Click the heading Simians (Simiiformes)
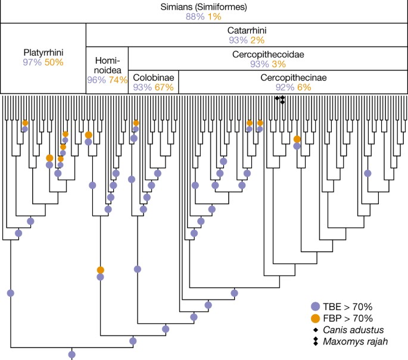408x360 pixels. [x=204, y=7]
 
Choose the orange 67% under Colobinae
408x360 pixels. [x=164, y=87]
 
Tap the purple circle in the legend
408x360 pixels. [x=315, y=306]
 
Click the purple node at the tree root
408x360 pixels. [x=72, y=355]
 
